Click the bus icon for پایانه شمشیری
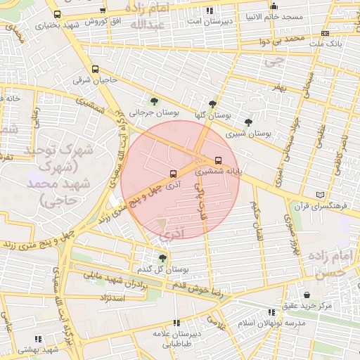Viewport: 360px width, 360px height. (217, 160)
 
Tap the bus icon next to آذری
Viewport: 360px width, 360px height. (173, 174)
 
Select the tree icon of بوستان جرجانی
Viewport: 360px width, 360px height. (154, 103)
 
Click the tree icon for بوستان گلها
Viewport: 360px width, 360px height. (212, 104)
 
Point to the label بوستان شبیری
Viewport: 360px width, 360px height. (248, 132)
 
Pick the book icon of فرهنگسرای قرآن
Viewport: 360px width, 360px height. (321, 195)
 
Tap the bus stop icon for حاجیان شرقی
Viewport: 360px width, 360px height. (95, 70)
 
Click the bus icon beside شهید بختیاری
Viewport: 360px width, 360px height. (57, 14)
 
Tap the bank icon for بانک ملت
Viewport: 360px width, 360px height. (324, 33)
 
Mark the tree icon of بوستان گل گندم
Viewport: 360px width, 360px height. (163, 259)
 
